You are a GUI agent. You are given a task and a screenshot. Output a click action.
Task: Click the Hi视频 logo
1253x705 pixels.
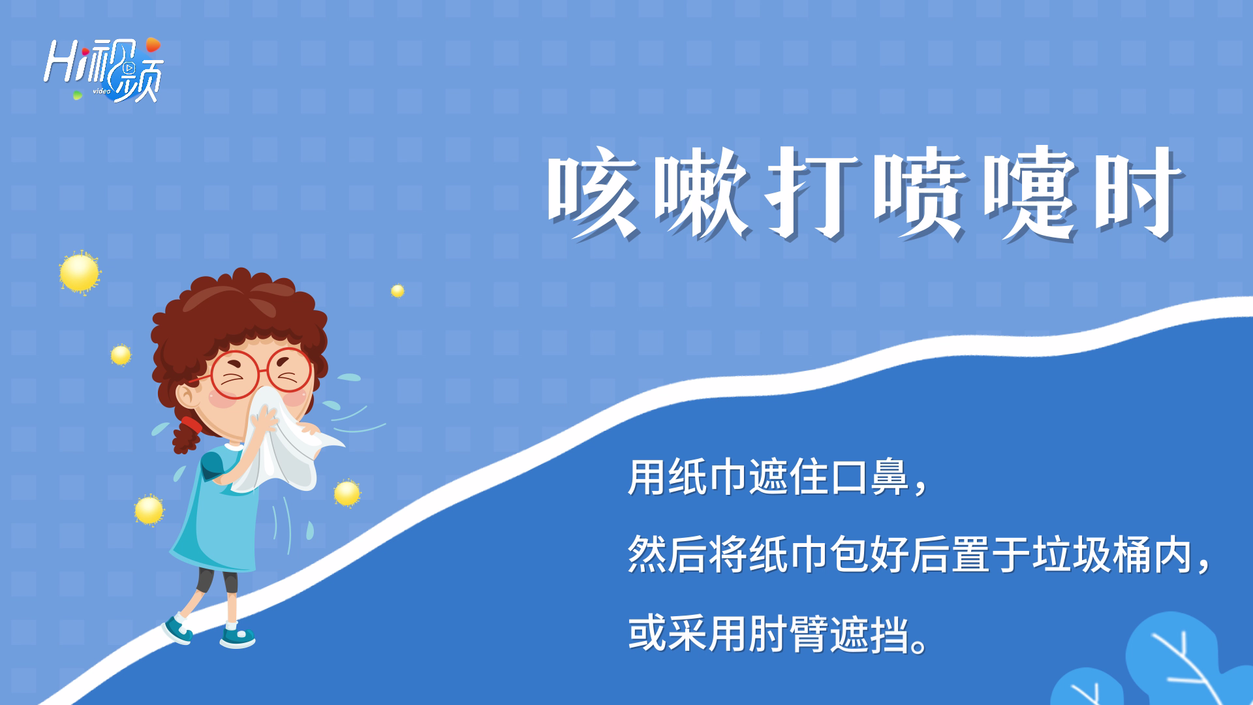[103, 69]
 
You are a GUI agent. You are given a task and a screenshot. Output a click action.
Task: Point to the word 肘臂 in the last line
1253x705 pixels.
[789, 634]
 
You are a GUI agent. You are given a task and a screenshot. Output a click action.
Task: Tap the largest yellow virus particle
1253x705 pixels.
[80, 272]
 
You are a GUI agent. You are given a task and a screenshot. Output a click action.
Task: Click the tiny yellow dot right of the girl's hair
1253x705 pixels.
[397, 290]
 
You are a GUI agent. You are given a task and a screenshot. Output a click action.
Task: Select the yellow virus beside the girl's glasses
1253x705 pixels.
[121, 355]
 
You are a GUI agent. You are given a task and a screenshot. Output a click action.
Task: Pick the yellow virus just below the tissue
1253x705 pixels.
[347, 493]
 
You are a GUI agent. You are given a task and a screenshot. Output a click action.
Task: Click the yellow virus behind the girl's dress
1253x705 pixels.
[149, 510]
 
